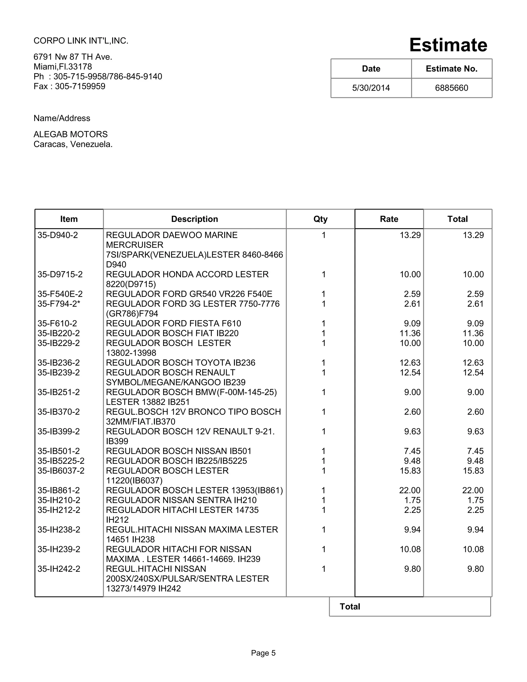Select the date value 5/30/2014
click(x=371, y=88)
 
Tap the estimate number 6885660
click(x=451, y=88)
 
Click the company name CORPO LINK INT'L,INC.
click(x=81, y=41)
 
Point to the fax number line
click(x=69, y=86)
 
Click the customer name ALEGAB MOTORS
click(x=71, y=134)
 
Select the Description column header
click(x=195, y=219)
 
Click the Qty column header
click(x=320, y=219)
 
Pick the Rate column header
click(x=389, y=219)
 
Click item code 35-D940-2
click(x=57, y=235)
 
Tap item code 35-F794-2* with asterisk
click(x=59, y=304)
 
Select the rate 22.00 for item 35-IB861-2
click(x=410, y=490)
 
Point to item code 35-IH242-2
click(x=59, y=569)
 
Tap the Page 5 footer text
click(x=263, y=653)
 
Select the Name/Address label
click(x=62, y=118)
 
